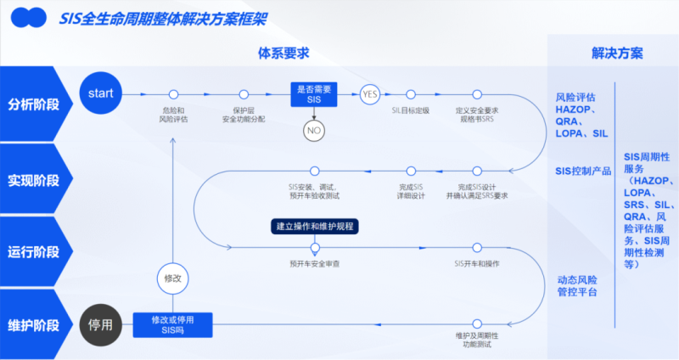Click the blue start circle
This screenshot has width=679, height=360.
100,93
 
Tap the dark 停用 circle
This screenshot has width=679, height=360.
100,325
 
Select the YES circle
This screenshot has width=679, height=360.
369,94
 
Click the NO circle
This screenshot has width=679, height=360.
314,131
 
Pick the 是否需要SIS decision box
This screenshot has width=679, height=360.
314,93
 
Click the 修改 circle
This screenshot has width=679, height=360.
172,278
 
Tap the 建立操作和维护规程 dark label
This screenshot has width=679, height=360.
314,227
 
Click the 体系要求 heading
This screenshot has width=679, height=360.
283,53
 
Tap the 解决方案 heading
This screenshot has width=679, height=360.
617,53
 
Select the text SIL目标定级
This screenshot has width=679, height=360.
411,110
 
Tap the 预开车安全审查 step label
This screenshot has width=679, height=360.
315,264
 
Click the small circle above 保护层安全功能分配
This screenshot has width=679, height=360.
244,94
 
